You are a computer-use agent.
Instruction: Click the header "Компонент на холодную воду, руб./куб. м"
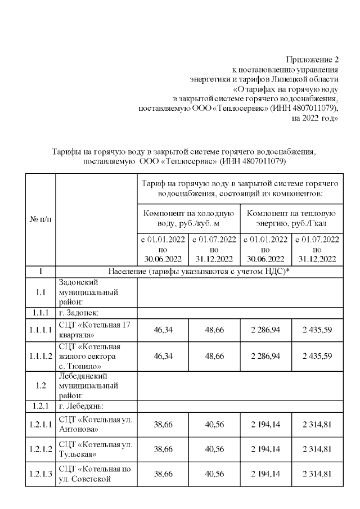pyautogui.click(x=188, y=218)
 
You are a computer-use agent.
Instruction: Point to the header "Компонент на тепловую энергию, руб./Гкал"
pyautogui.click(x=291, y=218)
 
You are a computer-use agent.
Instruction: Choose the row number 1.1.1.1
pyautogui.click(x=40, y=329)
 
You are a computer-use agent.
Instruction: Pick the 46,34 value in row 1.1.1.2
pyautogui.click(x=163, y=356)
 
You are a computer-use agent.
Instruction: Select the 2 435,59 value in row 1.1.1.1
pyautogui.click(x=317, y=329)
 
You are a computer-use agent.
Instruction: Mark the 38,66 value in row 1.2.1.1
pyautogui.click(x=163, y=424)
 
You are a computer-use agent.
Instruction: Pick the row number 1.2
pyautogui.click(x=40, y=386)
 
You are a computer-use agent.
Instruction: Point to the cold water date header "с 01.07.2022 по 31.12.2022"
pyautogui.click(x=214, y=249)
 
